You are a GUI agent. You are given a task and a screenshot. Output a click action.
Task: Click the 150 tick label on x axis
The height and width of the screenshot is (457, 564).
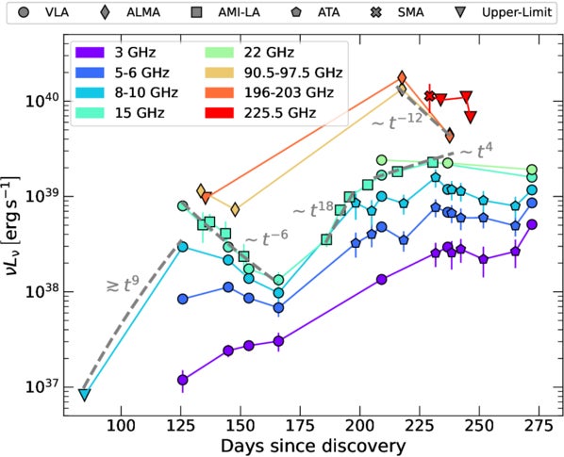[x=241, y=422]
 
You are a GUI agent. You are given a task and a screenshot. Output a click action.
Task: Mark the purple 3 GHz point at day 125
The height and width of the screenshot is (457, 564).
[x=182, y=380]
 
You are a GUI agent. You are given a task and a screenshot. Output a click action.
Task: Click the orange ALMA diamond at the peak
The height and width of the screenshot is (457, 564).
[x=402, y=77]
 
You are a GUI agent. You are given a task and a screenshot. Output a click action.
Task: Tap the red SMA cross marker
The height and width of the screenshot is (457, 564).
[x=430, y=96]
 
